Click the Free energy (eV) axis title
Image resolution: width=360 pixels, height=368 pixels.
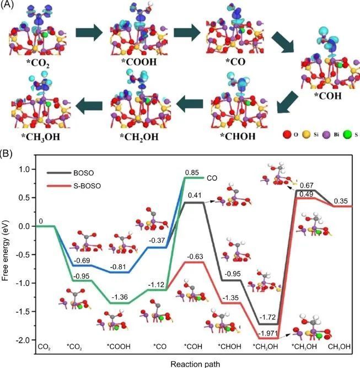pos(7,255)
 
